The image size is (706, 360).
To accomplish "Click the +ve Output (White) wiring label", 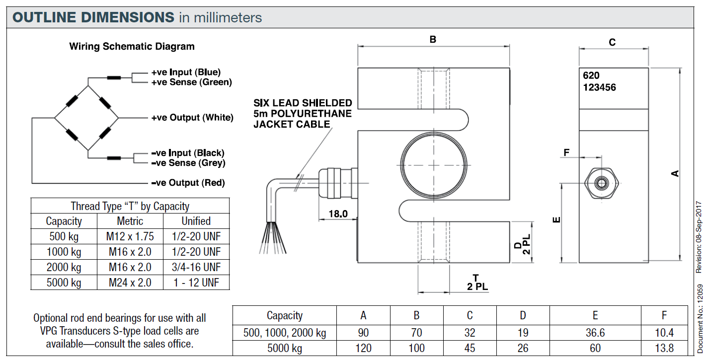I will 192,118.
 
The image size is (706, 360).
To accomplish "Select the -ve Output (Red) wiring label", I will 188,183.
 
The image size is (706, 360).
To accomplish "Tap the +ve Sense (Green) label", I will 191,82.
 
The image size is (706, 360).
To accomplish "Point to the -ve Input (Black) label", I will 188,153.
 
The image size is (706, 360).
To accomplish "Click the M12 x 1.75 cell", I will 130,236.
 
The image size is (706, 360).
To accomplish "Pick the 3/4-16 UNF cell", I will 196,267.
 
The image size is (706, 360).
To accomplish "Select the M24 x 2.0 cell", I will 130,283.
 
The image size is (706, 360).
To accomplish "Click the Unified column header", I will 196,221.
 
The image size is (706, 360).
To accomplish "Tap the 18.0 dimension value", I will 338,214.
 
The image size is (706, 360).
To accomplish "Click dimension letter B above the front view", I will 433,39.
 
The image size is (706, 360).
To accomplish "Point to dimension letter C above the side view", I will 612,43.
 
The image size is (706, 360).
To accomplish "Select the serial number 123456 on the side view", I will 600,87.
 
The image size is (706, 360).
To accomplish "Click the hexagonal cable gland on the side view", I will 602,183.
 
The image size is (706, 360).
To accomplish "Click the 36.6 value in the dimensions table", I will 595,333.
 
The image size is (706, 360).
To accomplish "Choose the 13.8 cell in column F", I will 664,348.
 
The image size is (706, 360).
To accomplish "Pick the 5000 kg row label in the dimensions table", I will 285,348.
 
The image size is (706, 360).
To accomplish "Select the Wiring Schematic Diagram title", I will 132,47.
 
